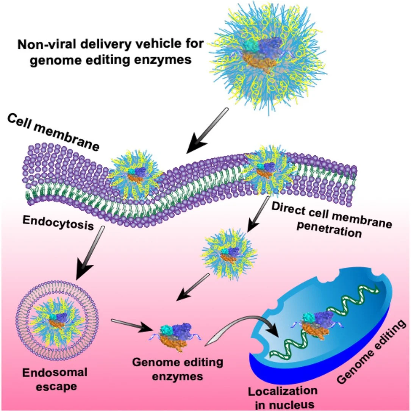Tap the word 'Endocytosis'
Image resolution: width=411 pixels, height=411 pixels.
(58, 223)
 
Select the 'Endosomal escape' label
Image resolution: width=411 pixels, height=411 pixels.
(55, 380)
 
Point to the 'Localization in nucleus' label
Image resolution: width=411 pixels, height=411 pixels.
(283, 398)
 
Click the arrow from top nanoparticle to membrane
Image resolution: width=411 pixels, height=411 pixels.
(207, 131)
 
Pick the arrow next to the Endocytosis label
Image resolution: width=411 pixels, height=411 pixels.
(89, 253)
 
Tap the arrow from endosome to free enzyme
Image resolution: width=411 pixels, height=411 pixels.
(131, 325)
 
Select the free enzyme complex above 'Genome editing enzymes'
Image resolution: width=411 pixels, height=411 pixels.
(176, 337)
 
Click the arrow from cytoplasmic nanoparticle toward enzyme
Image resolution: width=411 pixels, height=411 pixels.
(193, 287)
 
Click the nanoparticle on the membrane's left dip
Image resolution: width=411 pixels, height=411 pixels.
(135, 173)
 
